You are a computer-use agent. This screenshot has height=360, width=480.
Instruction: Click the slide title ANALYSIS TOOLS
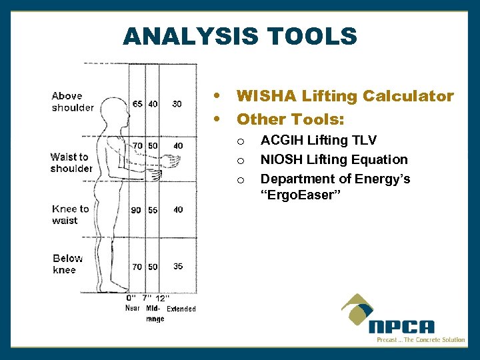pos(240,36)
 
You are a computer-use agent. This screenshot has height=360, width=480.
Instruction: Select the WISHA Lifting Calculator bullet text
pos(345,96)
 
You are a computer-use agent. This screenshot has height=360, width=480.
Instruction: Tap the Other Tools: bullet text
pos(290,119)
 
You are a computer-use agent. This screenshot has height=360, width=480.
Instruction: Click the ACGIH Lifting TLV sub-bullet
pos(318,140)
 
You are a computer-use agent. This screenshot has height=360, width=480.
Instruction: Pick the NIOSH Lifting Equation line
pos(333,159)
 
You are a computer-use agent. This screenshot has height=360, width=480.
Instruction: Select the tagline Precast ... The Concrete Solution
pos(420,340)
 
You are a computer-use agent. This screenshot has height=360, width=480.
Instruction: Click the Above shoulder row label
pos(73,101)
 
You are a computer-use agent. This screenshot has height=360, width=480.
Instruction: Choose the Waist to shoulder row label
pos(71,163)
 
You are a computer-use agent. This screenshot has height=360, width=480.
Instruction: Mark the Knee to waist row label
pos(71,215)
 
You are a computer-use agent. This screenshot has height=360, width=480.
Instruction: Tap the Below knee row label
pos(67,264)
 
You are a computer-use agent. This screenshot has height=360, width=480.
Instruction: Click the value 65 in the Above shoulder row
pos(137,104)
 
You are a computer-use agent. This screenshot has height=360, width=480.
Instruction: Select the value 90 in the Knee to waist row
pos(136,210)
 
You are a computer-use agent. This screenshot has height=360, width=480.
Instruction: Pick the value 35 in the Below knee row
pos(178,266)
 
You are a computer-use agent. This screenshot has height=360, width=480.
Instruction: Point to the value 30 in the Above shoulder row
pos(177,104)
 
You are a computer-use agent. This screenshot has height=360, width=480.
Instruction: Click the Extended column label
pos(181,309)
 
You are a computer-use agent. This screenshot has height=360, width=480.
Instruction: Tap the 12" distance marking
pos(161,299)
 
